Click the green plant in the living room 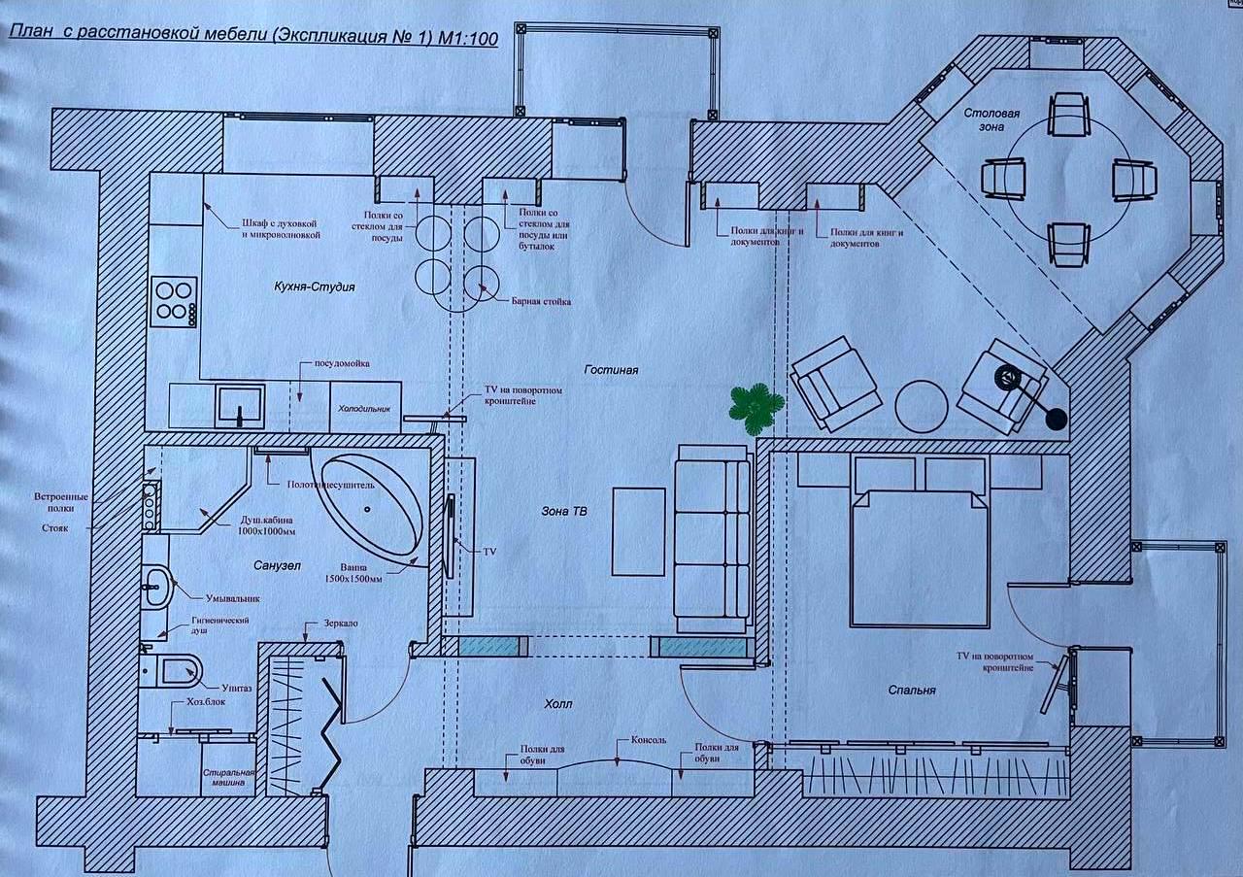pyautogui.click(x=756, y=408)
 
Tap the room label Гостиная pyautogui.click(x=611, y=370)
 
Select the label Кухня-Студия pyautogui.click(x=314, y=287)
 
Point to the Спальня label pyautogui.click(x=912, y=690)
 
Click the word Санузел pyautogui.click(x=277, y=565)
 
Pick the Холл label pyautogui.click(x=557, y=704)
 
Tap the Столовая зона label pyautogui.click(x=991, y=119)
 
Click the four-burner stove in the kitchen pyautogui.click(x=174, y=302)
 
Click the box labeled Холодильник pyautogui.click(x=365, y=407)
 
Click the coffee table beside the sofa pyautogui.click(x=638, y=532)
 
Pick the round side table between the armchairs pyautogui.click(x=922, y=406)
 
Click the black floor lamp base pyautogui.click(x=1056, y=419)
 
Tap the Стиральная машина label pyautogui.click(x=228, y=777)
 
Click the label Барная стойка pyautogui.click(x=541, y=301)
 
